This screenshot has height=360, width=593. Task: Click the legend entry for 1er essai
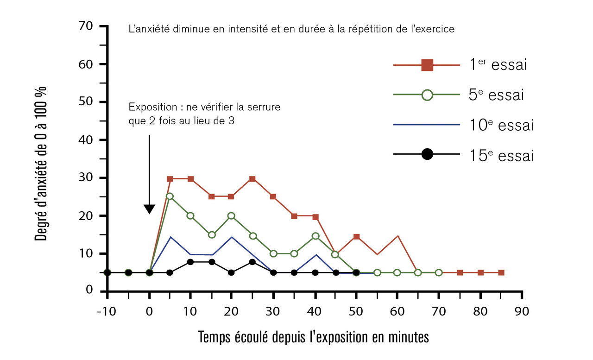[x=498, y=65]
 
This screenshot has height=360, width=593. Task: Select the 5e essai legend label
[x=497, y=95]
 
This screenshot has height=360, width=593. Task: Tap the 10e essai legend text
[x=501, y=126]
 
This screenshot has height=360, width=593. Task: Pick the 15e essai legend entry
[x=501, y=156]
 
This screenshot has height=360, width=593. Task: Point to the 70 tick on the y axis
[x=88, y=26]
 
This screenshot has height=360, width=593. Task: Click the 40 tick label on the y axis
[x=88, y=140]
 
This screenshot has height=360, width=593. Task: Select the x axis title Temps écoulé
[x=314, y=337]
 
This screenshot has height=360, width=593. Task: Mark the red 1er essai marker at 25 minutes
[x=252, y=179]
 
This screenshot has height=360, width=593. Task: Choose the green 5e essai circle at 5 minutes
[x=170, y=196]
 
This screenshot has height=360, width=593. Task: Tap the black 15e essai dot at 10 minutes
[x=190, y=262]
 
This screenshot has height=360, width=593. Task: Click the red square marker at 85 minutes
[x=501, y=273]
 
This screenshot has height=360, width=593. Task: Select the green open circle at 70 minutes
[x=439, y=273]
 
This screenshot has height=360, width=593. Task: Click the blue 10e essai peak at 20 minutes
[x=232, y=237]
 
